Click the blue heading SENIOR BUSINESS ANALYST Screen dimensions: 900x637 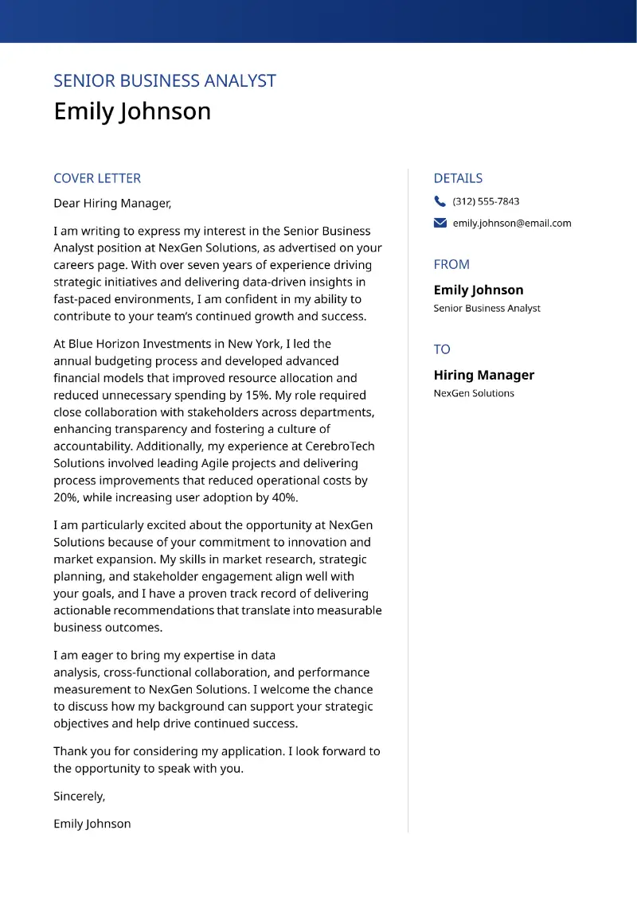[164, 81]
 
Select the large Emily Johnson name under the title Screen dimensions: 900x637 [132, 111]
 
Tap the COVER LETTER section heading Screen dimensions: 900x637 [97, 178]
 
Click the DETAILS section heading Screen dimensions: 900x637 [458, 178]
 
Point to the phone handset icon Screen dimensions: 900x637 [440, 201]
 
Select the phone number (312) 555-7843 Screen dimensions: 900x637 [486, 201]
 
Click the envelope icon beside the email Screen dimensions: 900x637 [440, 224]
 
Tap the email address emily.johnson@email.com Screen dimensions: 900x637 [512, 224]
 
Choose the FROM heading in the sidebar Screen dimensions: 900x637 [451, 264]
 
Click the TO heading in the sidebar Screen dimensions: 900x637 [442, 349]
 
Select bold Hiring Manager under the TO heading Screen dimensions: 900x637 [483, 375]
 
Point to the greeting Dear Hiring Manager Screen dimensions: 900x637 [112, 204]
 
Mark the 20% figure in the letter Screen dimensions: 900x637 [65, 498]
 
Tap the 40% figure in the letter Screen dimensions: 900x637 [283, 498]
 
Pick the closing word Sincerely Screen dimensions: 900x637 [79, 797]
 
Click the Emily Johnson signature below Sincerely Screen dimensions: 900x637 [92, 824]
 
